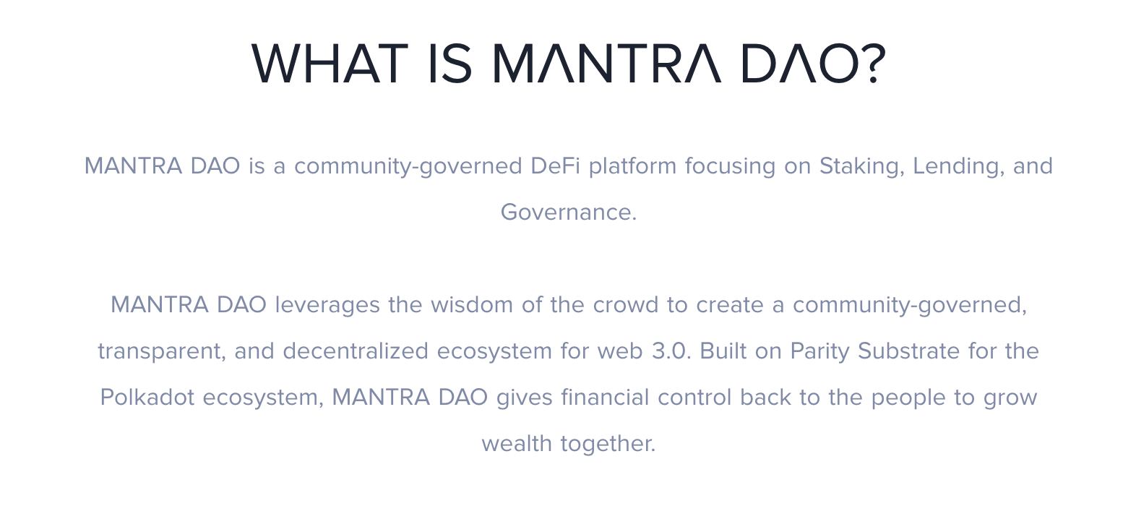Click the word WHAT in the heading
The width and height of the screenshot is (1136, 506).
click(x=330, y=64)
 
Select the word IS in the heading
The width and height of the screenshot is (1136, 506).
click(x=450, y=64)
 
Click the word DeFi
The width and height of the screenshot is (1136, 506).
click(x=555, y=166)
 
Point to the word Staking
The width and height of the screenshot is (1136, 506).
click(x=861, y=167)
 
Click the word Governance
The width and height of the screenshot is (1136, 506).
click(x=569, y=212)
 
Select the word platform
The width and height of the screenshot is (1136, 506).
click(x=632, y=167)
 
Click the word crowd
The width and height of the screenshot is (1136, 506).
click(x=625, y=305)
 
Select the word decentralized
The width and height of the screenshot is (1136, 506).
click(x=356, y=351)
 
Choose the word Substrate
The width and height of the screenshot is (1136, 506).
click(x=908, y=351)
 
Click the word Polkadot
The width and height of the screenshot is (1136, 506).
click(x=147, y=398)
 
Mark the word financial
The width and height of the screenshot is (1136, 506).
click(x=605, y=398)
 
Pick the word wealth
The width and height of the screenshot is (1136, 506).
click(x=516, y=444)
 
